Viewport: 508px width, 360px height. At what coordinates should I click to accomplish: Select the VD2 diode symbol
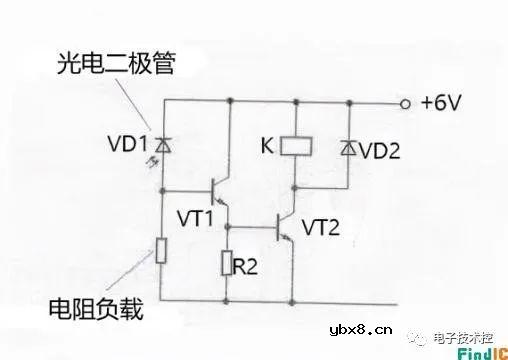(x=347, y=148)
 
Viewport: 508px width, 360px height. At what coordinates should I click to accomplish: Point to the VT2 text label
(x=320, y=228)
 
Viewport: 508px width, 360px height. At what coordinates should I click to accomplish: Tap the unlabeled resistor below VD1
(x=160, y=251)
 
